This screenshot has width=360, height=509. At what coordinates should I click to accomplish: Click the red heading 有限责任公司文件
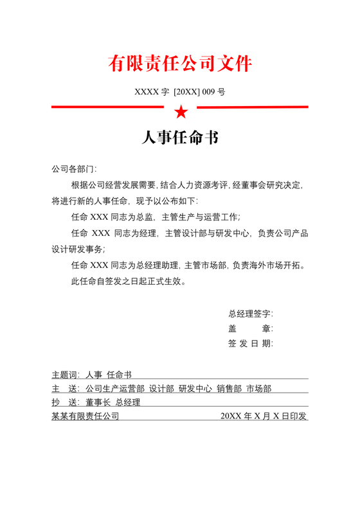[180, 64]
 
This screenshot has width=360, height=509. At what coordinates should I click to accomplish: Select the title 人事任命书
[180, 139]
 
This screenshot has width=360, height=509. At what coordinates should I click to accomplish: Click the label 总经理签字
[250, 314]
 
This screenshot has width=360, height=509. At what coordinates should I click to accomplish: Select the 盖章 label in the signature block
[250, 328]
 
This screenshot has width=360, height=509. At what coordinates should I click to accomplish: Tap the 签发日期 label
[250, 343]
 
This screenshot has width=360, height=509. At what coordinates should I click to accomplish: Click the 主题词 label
[66, 374]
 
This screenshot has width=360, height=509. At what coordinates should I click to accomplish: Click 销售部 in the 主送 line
[229, 388]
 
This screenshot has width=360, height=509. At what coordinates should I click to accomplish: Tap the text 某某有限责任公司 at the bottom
[85, 416]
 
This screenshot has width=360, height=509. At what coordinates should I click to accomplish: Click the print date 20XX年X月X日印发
[264, 416]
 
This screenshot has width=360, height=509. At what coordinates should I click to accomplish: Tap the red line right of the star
[251, 107]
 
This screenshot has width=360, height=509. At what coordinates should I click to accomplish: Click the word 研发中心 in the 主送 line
[195, 388]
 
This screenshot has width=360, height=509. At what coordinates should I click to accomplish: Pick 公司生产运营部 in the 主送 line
[114, 388]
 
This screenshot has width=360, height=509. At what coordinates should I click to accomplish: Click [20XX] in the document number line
[186, 92]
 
